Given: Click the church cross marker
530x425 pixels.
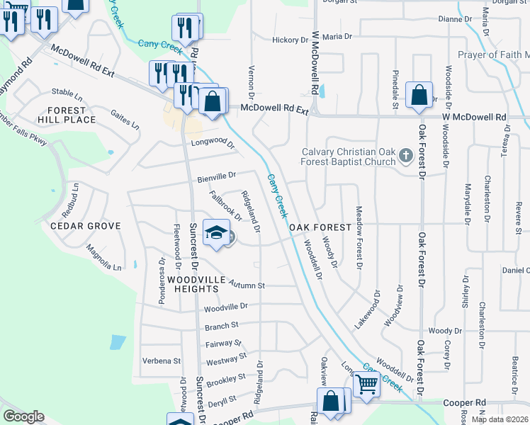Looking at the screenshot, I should click(x=405, y=154).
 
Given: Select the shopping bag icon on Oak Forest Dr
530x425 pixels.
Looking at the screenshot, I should click(x=419, y=95).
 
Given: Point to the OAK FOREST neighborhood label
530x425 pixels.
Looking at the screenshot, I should click(x=320, y=227).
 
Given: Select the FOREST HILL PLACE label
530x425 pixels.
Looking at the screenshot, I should click(x=72, y=115).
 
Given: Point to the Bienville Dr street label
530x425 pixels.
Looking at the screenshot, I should click(x=216, y=175).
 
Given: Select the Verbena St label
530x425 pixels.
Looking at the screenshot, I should click(x=162, y=361).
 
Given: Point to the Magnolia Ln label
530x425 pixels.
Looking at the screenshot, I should click(x=104, y=258).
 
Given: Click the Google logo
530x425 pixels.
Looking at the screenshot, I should click(x=23, y=416).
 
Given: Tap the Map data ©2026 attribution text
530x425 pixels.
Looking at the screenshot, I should click(x=500, y=419).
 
